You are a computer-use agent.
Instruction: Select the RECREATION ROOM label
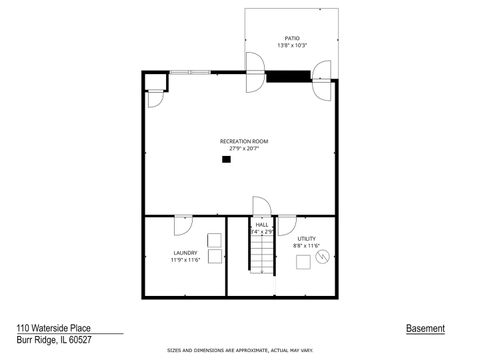pyautogui.click(x=244, y=141)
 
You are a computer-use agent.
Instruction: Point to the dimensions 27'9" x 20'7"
pyautogui.click(x=244, y=149)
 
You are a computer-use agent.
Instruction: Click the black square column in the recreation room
pyautogui.click(x=226, y=159)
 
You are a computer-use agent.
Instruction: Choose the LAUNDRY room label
pyautogui.click(x=185, y=252)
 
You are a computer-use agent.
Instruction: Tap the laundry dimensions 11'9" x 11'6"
pyautogui.click(x=185, y=260)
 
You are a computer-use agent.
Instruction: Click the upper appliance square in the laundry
pyautogui.click(x=214, y=238)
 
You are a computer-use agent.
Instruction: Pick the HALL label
pyautogui.click(x=261, y=225)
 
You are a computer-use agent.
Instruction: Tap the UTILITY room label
pyautogui.click(x=306, y=238)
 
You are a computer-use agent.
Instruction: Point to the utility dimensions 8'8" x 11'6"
pyautogui.click(x=306, y=245)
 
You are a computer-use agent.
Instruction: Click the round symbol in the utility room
pyautogui.click(x=322, y=256)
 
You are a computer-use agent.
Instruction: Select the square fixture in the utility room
pyautogui.click(x=302, y=264)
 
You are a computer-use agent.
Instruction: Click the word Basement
pyautogui.click(x=425, y=328)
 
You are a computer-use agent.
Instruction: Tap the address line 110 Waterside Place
pyautogui.click(x=56, y=328)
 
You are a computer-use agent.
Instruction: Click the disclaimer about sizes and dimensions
pyautogui.click(x=240, y=351)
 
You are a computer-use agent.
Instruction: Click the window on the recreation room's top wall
pyautogui.click(x=189, y=71)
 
